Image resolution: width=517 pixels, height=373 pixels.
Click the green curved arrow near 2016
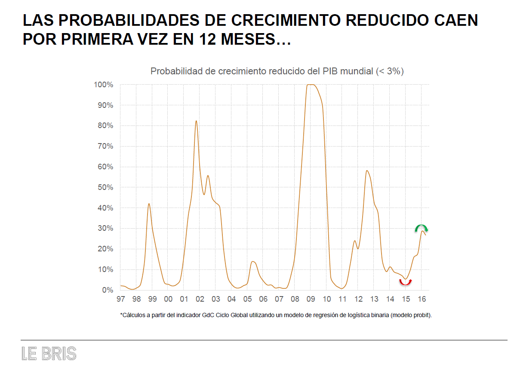click(422, 228)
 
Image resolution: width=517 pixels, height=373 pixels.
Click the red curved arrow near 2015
click(405, 282)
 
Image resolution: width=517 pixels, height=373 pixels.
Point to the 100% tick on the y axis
click(104, 85)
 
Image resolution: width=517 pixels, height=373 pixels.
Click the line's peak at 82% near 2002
click(196, 121)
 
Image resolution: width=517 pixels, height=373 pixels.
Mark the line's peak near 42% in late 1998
click(149, 204)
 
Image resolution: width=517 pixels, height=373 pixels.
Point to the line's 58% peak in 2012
click(366, 171)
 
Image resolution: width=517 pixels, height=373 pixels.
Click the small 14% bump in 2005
click(253, 261)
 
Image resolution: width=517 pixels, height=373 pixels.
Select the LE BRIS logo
click(49, 354)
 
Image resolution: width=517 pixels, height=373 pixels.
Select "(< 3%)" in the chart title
click(390, 71)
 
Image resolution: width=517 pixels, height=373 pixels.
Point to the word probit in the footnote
click(421, 315)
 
